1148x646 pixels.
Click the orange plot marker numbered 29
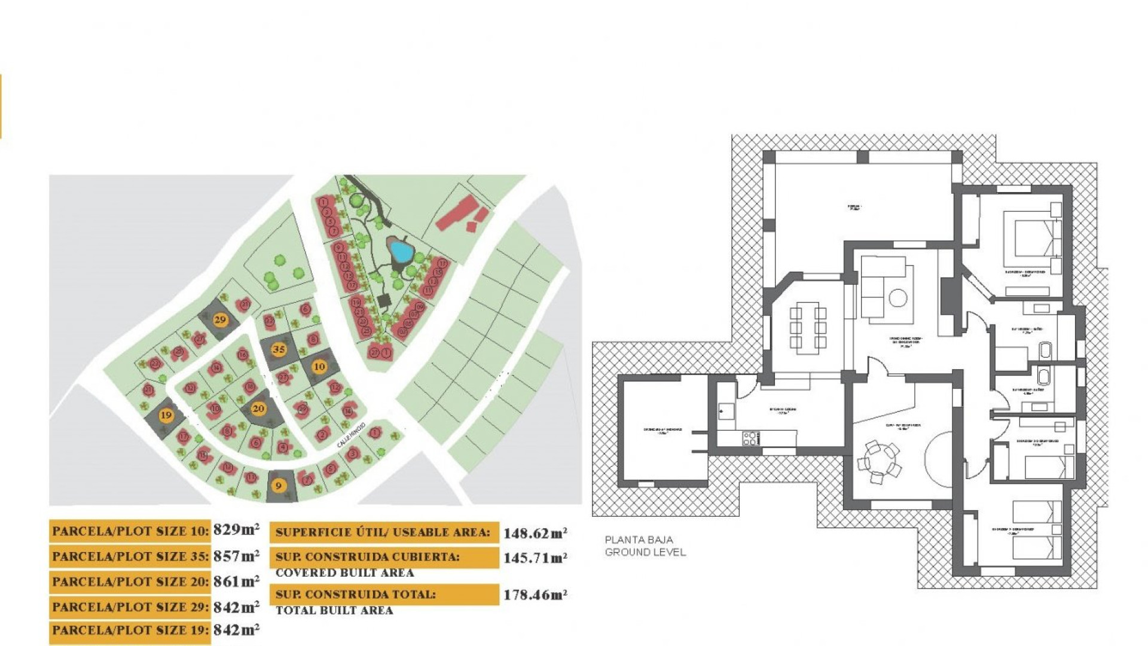220,319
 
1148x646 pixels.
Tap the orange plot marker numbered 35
279,349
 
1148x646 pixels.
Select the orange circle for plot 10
319,367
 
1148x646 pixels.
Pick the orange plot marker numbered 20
258,409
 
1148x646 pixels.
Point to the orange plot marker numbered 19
166,415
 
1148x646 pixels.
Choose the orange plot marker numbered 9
278,486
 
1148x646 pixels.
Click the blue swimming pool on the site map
399,251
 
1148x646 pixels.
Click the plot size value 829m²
236,530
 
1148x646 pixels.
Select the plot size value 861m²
236,581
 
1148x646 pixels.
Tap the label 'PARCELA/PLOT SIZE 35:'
130,556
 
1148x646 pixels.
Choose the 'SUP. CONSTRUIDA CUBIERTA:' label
368,557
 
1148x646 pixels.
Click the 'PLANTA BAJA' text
639,540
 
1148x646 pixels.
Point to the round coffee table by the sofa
897,297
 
